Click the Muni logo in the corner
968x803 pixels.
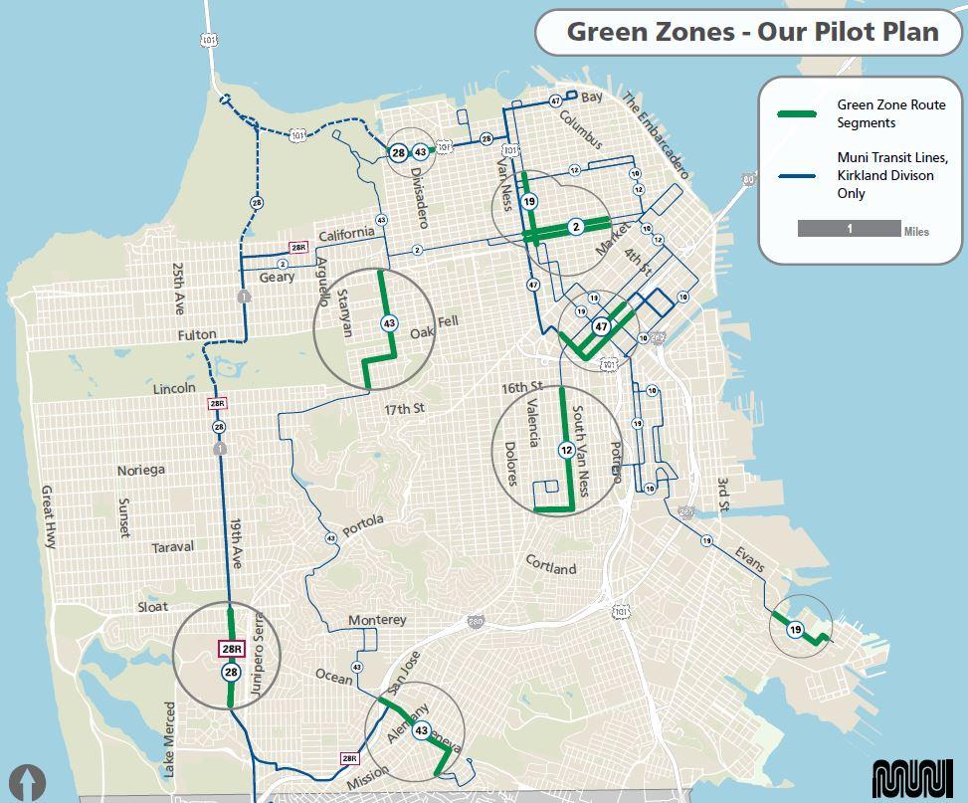[911, 778]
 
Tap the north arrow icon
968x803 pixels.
[32, 781]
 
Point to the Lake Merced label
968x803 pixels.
[169, 738]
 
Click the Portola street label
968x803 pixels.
[362, 525]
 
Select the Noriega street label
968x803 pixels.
[140, 470]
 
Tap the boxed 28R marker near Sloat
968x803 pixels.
[231, 650]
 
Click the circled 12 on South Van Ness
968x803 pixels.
[566, 450]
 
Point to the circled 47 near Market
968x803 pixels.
[601, 325]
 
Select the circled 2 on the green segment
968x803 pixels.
[575, 227]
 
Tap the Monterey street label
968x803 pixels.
[377, 620]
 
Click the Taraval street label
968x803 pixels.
[172, 547]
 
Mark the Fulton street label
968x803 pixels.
[197, 334]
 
